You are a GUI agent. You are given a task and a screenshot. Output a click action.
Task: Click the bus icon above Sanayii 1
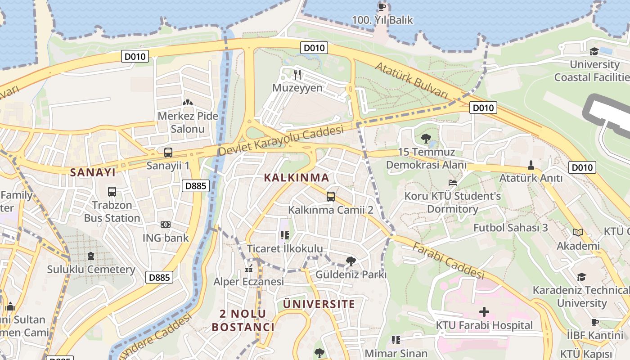click(x=168, y=153)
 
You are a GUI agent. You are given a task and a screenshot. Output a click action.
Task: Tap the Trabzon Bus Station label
click(x=112, y=211)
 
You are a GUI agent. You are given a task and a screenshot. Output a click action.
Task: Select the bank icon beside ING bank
click(x=166, y=225)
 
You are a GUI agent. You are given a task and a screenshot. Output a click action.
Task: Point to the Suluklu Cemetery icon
click(x=91, y=256)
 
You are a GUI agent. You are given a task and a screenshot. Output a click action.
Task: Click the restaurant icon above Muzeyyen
click(x=297, y=74)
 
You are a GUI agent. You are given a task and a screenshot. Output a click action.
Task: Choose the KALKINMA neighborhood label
click(x=297, y=177)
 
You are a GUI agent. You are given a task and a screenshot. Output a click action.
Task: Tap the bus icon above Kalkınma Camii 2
click(x=331, y=196)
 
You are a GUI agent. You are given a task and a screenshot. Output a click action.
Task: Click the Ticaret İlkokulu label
click(x=285, y=248)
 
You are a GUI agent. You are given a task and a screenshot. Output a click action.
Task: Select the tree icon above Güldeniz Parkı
click(x=351, y=261)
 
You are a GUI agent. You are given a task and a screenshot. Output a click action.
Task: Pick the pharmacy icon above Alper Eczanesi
click(x=248, y=270)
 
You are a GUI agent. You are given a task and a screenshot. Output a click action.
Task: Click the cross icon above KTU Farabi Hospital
click(x=484, y=311)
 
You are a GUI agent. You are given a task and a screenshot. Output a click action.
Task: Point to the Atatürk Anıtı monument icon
click(x=531, y=165)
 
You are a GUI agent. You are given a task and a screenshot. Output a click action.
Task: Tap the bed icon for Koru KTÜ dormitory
click(x=453, y=183)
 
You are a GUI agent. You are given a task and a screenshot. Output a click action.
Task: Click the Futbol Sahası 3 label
click(x=510, y=228)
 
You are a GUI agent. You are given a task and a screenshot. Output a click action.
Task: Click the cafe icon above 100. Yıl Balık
click(x=382, y=7)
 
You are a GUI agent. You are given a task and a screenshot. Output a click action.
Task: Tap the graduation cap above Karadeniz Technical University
click(x=582, y=277)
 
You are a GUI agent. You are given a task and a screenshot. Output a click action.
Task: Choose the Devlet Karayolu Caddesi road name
click(x=281, y=141)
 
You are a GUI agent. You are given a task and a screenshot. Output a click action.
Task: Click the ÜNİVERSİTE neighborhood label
click(x=319, y=304)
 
